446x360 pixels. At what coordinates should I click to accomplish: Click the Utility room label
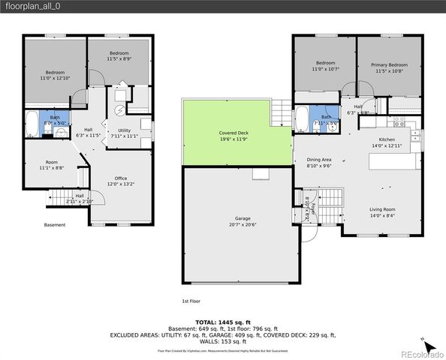[124, 133]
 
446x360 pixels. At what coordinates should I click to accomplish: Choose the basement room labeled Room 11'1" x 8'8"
[51, 165]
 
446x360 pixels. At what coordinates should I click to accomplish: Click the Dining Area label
[319, 163]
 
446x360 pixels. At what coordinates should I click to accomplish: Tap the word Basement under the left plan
[54, 223]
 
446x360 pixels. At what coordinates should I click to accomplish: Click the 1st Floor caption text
[191, 301]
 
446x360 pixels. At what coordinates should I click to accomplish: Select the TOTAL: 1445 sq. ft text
[222, 320]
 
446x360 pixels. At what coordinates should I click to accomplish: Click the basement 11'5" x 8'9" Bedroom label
[119, 56]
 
